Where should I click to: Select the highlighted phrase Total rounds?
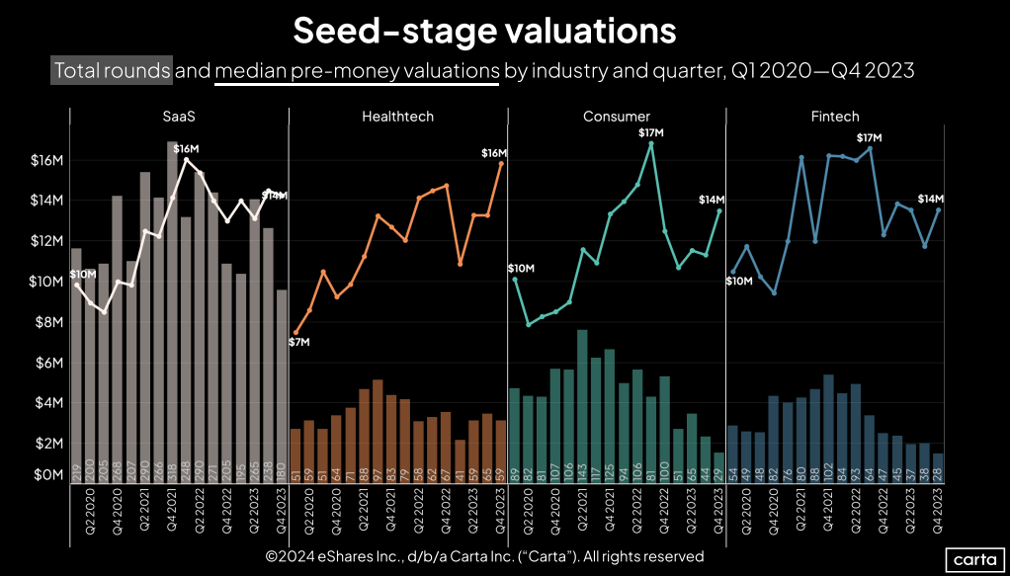click(x=112, y=71)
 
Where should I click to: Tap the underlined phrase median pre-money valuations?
click(x=357, y=71)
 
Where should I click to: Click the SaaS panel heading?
click(x=179, y=117)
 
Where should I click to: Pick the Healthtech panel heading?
click(x=397, y=117)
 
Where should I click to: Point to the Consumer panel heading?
click(x=617, y=117)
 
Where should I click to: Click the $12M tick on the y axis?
click(x=46, y=241)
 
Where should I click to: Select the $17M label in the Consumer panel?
click(x=650, y=132)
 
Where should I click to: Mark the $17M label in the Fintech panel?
click(x=869, y=137)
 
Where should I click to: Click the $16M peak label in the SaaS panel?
click(x=186, y=149)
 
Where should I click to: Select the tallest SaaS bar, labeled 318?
click(x=172, y=316)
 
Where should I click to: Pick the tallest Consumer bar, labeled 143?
click(x=582, y=405)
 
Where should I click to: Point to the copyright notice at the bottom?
click(x=484, y=556)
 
